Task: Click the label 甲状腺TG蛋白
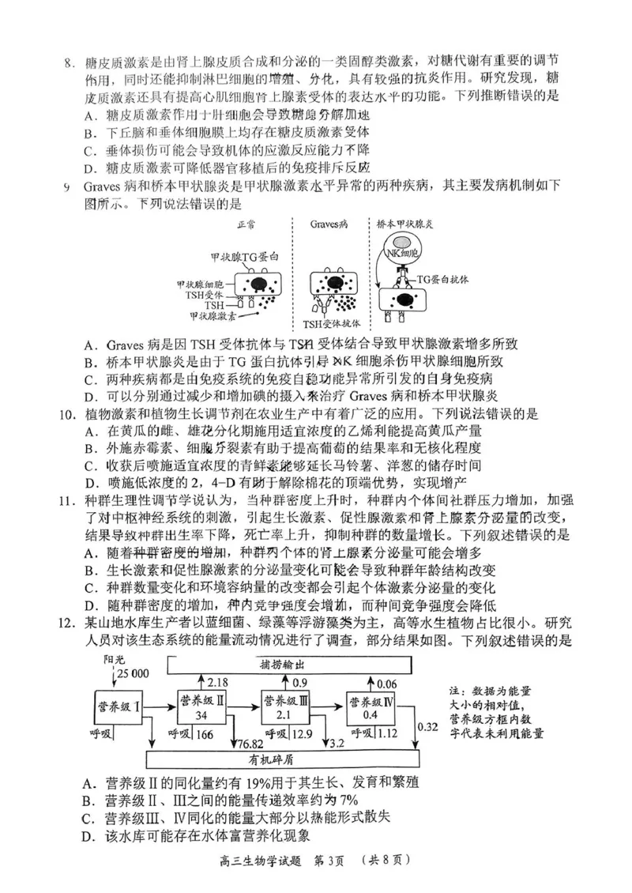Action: [x=245, y=257]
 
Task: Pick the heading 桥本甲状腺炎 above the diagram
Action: [x=405, y=224]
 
